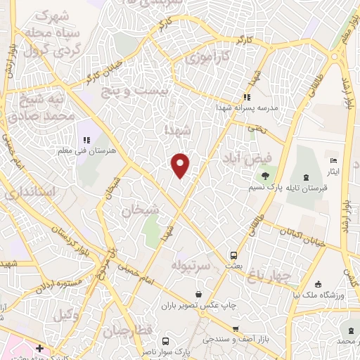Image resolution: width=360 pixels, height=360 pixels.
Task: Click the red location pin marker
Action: point(181,165)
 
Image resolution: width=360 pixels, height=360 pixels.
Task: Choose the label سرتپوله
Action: point(191,266)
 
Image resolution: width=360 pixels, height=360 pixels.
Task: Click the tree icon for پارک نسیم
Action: point(265,176)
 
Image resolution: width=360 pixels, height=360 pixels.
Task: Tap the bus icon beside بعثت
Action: point(233,255)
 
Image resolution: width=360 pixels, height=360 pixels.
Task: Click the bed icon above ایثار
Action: point(333,161)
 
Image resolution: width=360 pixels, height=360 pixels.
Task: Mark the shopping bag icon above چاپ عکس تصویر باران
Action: point(200,294)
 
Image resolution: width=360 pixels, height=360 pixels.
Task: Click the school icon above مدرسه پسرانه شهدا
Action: point(247,97)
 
